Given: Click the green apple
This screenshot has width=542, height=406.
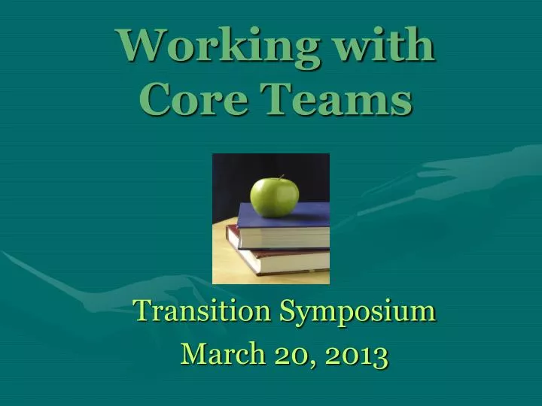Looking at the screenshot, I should tap(274, 196).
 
